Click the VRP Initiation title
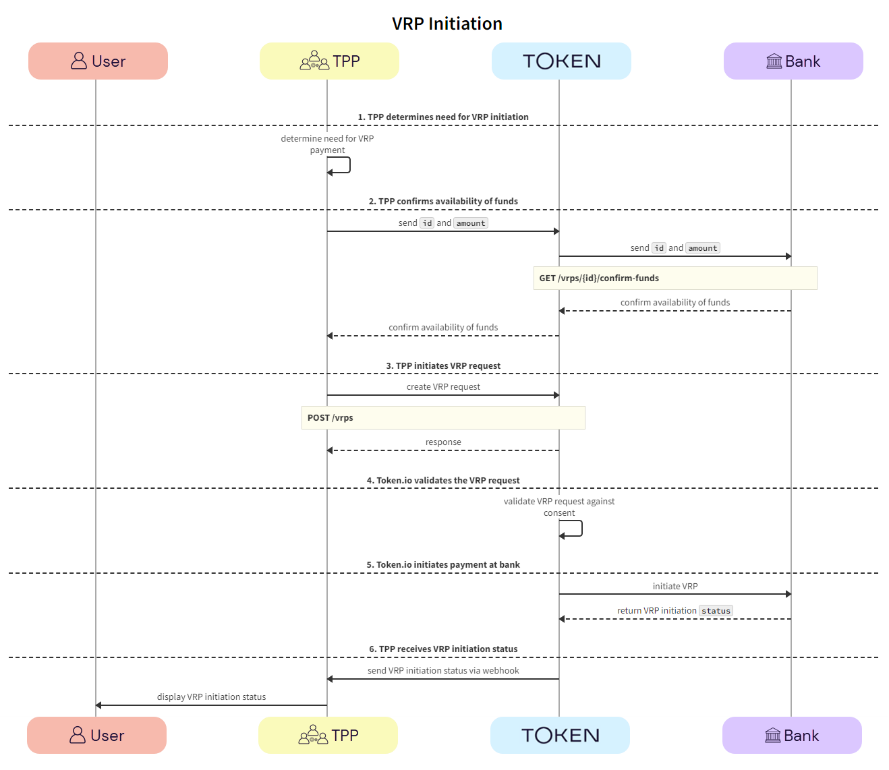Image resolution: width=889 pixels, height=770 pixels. tap(447, 24)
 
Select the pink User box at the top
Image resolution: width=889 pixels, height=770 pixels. tap(98, 61)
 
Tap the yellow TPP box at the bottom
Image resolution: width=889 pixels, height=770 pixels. tap(328, 735)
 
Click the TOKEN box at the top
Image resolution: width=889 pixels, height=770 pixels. tap(561, 61)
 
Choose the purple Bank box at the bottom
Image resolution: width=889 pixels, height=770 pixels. tap(792, 735)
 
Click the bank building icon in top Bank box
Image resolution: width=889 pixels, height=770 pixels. tap(774, 61)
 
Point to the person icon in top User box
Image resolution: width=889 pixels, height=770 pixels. tap(79, 61)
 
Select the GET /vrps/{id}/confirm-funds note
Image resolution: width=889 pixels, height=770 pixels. tap(675, 278)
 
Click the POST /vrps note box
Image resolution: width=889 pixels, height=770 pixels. tap(442, 417)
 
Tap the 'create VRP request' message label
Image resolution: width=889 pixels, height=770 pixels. tap(443, 387)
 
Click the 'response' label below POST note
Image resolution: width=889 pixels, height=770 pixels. tap(443, 442)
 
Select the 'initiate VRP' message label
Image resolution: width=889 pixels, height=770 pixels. tap(675, 587)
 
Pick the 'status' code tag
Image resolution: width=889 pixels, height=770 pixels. tap(716, 611)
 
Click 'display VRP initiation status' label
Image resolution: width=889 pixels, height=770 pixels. tap(211, 697)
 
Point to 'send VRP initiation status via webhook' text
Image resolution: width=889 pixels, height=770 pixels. tap(443, 671)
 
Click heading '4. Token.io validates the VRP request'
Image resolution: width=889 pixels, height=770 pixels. tap(443, 481)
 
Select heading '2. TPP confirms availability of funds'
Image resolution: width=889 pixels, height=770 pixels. tap(443, 202)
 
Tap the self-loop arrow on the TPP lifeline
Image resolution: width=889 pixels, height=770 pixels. tap(348, 165)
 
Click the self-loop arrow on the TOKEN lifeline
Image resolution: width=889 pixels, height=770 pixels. tap(580, 529)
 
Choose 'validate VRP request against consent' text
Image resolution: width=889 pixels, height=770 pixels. tap(559, 507)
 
